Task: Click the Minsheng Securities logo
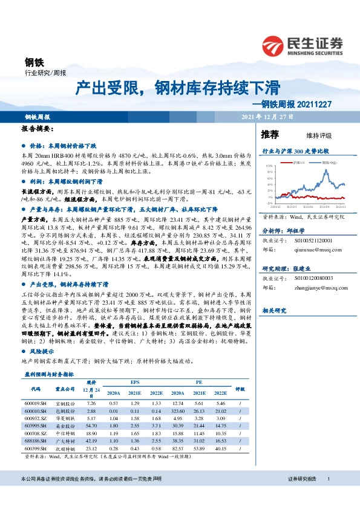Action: (x=303, y=43)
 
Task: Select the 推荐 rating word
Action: (x=269, y=134)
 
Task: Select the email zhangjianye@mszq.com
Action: (x=301, y=288)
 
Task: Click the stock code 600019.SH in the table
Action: (x=35, y=402)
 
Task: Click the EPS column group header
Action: (x=134, y=382)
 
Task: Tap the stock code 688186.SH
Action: (x=35, y=441)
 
